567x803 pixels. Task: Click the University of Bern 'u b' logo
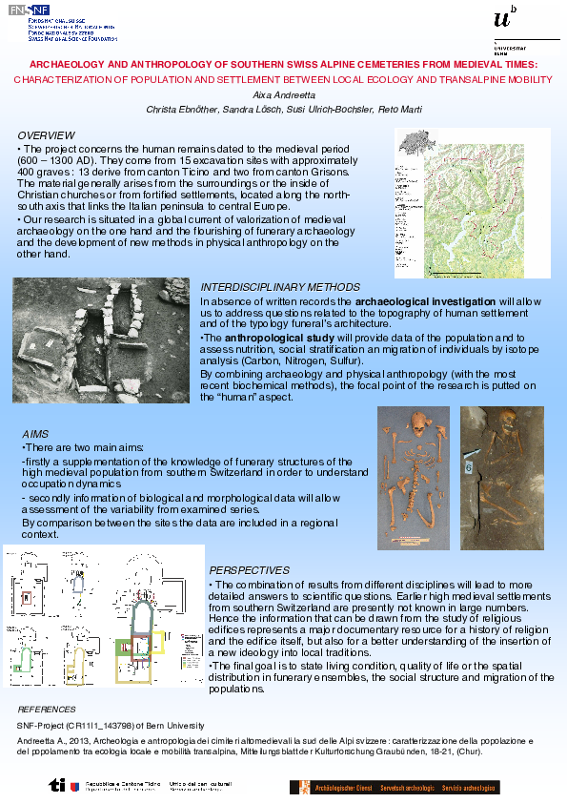507,19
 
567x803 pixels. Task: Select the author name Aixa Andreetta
283,96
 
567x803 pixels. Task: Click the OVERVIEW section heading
46,135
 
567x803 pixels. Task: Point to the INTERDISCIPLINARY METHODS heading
280,287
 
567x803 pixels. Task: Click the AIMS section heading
34,434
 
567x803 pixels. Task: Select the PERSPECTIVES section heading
250,570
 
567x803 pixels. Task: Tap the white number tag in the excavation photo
469,467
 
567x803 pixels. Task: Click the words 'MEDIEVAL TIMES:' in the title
489,64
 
